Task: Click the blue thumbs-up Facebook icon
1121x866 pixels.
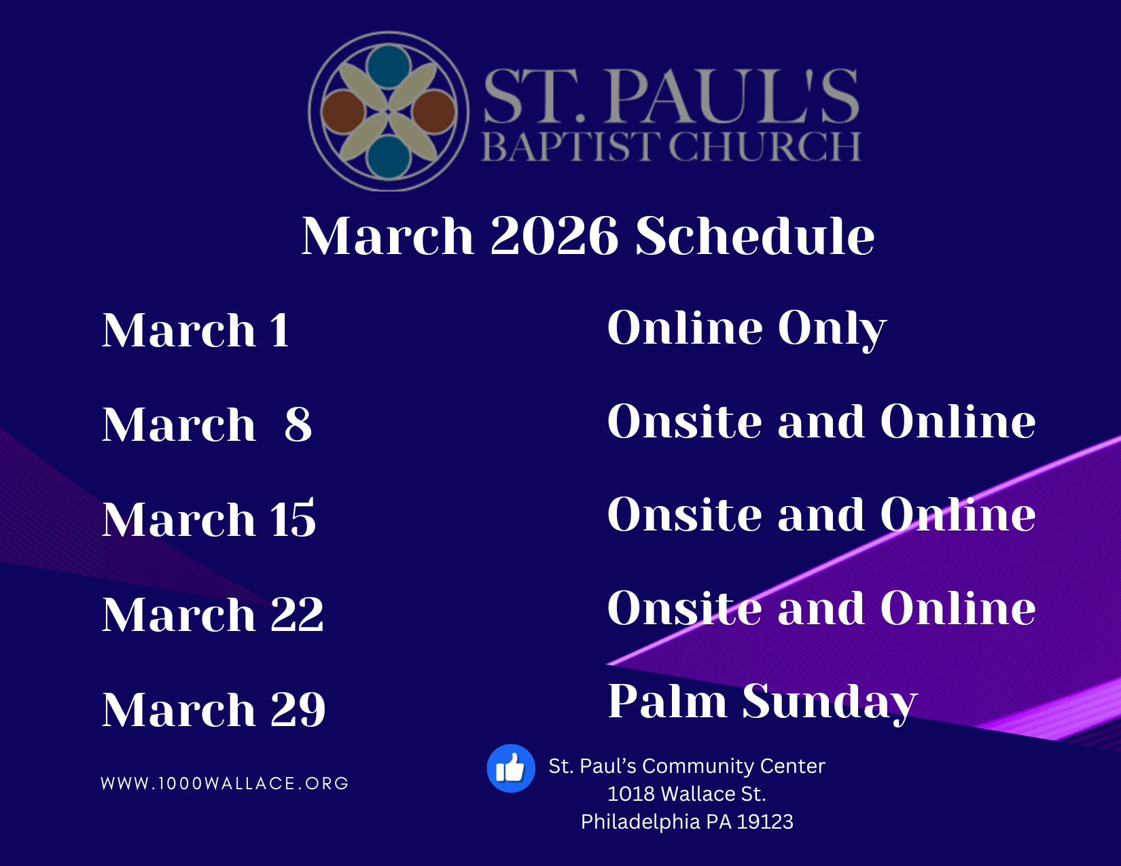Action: pos(511,768)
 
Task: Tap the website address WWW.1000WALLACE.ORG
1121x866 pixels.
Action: pos(225,783)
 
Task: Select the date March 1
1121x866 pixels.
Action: pos(196,330)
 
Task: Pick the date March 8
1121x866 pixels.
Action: pos(207,424)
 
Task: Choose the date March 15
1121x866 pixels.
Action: pos(209,518)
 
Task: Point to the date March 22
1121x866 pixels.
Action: pos(213,614)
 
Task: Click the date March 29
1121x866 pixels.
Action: pos(213,709)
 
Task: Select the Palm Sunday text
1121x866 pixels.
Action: pos(762,702)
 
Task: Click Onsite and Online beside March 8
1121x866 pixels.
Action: pos(821,421)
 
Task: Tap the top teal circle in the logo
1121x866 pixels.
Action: pos(389,67)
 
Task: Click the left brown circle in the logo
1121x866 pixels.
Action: pos(343,111)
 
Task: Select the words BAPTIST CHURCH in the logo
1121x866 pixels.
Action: pos(671,147)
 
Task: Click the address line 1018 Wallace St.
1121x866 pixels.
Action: pos(687,794)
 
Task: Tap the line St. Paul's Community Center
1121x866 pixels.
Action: pos(687,766)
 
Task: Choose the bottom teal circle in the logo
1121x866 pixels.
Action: pos(389,158)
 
